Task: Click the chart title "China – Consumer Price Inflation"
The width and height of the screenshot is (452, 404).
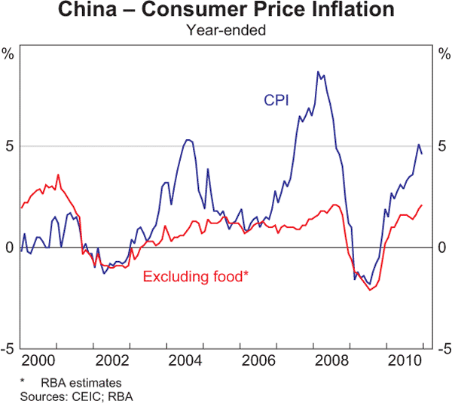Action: (x=226, y=11)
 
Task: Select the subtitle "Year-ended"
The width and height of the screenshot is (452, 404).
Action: (x=226, y=31)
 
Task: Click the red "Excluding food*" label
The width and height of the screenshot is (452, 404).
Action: (x=195, y=276)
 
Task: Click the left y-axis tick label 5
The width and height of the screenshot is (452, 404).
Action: (x=10, y=145)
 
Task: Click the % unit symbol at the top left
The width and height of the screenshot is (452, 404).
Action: (x=8, y=54)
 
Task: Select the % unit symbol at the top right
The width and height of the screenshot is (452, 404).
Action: (x=443, y=54)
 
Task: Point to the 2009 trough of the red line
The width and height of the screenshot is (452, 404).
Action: (x=371, y=290)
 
